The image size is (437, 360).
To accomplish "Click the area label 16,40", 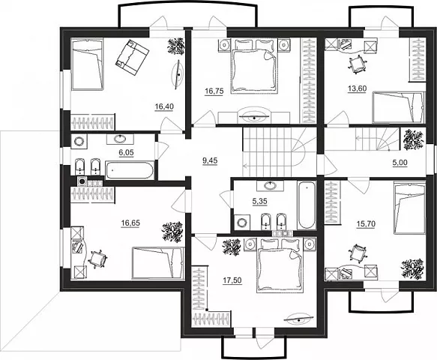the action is point(164,106).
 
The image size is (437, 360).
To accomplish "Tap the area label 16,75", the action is point(214,91).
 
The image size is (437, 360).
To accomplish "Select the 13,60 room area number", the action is point(357,88).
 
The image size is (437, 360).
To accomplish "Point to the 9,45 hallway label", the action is point(210,160).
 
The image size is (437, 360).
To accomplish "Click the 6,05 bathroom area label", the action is point(126,152).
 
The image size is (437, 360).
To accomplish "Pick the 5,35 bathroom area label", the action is point(260,201).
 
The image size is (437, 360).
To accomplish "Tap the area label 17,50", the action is point(232,280).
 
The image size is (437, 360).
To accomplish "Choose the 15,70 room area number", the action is point(366,223).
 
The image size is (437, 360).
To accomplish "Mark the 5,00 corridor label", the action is point(400,162).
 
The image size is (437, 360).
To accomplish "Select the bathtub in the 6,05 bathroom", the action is point(129,169).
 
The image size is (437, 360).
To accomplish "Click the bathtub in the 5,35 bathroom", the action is point(307,205).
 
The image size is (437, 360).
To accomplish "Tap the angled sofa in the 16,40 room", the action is point(132,58).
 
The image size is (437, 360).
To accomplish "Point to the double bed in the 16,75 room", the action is point(254,66).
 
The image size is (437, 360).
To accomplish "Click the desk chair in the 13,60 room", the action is point(357,64).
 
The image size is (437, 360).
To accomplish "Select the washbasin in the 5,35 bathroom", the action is point(270,185).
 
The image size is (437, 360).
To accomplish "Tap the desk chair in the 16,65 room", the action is point(97,259).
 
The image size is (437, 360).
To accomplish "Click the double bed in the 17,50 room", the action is point(280,265).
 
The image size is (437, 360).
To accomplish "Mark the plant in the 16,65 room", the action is point(173,232).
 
